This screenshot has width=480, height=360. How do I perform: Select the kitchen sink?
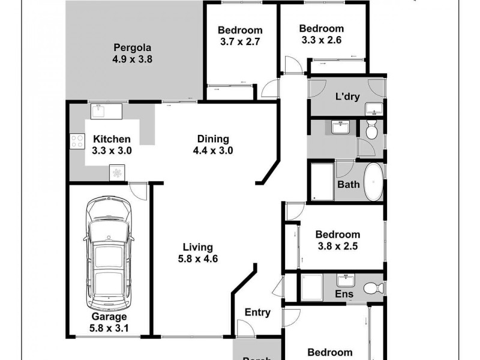pyautogui.click(x=98, y=112)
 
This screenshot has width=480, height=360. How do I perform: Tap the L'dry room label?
pyautogui.click(x=347, y=96)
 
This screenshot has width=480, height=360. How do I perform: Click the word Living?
pyautogui.click(x=198, y=247)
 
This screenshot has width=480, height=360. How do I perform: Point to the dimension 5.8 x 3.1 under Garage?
pyautogui.click(x=109, y=328)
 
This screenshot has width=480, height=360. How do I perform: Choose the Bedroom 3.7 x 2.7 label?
pyautogui.click(x=240, y=36)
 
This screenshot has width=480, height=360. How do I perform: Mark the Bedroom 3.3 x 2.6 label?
pyautogui.click(x=322, y=34)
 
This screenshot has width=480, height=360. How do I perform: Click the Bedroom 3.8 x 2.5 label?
pyautogui.click(x=338, y=240)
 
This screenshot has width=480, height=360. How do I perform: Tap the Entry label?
pyautogui.click(x=258, y=313)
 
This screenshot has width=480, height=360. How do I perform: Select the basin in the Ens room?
pyautogui.click(x=346, y=280)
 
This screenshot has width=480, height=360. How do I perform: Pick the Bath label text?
pyautogui.click(x=349, y=184)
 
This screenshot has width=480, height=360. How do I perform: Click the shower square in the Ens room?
pyautogui.click(x=311, y=286)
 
